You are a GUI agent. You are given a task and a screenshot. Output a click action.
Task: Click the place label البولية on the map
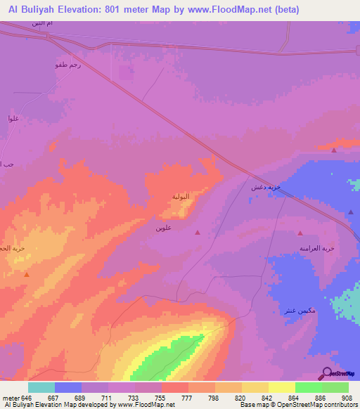point(181,197)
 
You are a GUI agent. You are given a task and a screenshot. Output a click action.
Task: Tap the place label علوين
point(165,228)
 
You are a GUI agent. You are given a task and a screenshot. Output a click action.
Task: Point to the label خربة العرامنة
point(317,248)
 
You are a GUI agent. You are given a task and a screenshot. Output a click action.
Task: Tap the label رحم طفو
point(67,65)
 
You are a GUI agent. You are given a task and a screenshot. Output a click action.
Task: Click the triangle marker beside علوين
point(197,233)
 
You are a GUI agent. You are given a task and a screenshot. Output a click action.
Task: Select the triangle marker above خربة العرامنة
point(300,233)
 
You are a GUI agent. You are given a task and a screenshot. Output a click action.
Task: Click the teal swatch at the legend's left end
point(41,387)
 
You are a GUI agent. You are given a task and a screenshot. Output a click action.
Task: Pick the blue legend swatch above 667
point(68,387)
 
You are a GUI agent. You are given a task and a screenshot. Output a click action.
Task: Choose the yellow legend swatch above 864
point(282,387)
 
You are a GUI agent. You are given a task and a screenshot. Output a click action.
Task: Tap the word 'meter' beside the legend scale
point(11,397)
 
